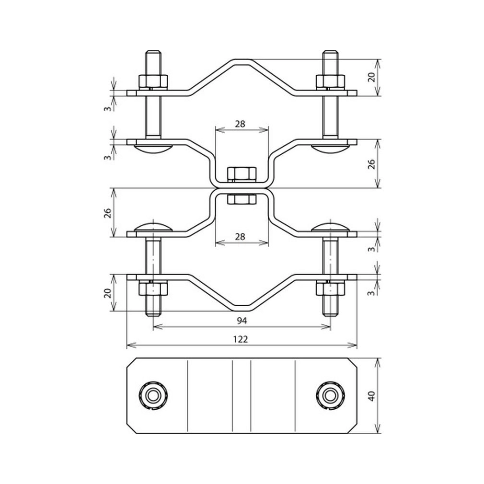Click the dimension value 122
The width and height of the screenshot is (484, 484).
(x=241, y=339)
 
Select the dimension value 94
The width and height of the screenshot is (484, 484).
(x=242, y=321)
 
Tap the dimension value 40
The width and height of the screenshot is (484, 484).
(x=372, y=396)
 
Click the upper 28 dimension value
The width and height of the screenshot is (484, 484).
(x=240, y=124)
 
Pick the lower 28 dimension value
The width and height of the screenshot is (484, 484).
(x=240, y=237)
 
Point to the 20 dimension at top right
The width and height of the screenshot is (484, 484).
(x=372, y=77)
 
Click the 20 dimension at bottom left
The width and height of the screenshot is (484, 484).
(x=107, y=293)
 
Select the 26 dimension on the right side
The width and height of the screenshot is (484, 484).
(x=372, y=164)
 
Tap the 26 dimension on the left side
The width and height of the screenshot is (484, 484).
(x=107, y=213)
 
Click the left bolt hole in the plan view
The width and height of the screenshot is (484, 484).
(x=153, y=396)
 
